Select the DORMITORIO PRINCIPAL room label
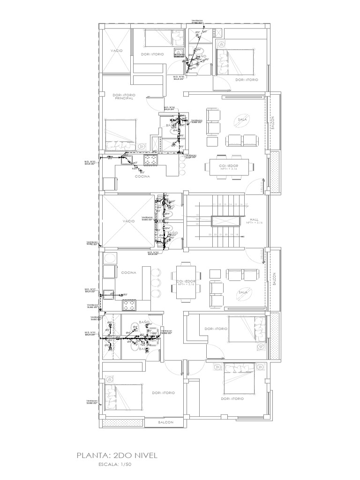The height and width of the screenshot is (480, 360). (124, 97)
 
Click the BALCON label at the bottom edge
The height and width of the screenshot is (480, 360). (166, 422)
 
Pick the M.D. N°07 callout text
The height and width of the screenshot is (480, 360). (90, 290)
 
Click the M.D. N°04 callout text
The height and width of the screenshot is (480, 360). (169, 108)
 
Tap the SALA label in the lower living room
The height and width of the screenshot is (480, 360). (242, 292)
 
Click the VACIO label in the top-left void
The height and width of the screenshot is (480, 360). (117, 50)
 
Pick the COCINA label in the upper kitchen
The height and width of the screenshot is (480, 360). (142, 177)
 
